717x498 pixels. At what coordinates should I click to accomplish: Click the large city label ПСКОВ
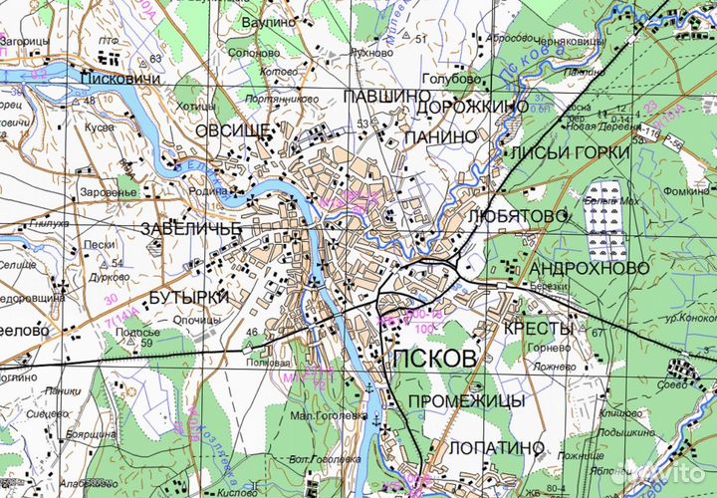tap(435, 361)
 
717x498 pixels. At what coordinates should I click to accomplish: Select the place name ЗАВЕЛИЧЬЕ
tap(193, 228)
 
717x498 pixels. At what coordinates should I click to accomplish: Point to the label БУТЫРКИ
tap(189, 298)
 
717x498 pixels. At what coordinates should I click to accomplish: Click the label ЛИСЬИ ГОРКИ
tap(569, 152)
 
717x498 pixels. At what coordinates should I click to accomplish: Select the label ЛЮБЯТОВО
tap(516, 215)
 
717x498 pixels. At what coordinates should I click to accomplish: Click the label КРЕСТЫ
tap(539, 328)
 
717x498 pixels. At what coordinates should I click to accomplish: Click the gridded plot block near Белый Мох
tap(605, 220)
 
